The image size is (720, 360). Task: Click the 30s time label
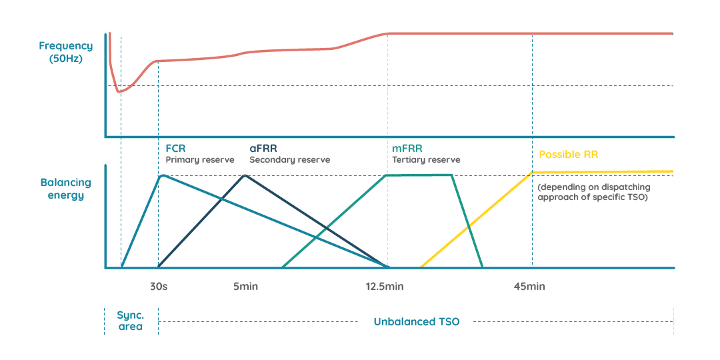(158, 287)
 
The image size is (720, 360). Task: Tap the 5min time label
(245, 287)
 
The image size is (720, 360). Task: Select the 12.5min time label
(385, 287)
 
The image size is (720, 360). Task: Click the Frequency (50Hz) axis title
(65, 52)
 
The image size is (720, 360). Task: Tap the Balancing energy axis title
(65, 189)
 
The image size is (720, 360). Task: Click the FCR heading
(175, 148)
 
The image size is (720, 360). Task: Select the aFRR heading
(263, 148)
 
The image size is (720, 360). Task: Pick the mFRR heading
(407, 148)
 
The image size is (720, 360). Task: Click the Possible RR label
(568, 154)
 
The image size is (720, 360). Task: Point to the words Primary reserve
(200, 160)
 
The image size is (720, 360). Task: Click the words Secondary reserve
(289, 160)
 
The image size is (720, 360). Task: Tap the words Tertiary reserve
(426, 160)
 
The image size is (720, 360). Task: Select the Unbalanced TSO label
(416, 321)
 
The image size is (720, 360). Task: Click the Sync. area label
(130, 321)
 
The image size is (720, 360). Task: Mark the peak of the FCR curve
(163, 175)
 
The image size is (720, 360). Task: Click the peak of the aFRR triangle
(246, 175)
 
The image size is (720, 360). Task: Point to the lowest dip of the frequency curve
(119, 91)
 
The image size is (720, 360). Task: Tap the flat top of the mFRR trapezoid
(419, 175)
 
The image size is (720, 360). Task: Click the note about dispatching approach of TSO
(593, 193)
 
